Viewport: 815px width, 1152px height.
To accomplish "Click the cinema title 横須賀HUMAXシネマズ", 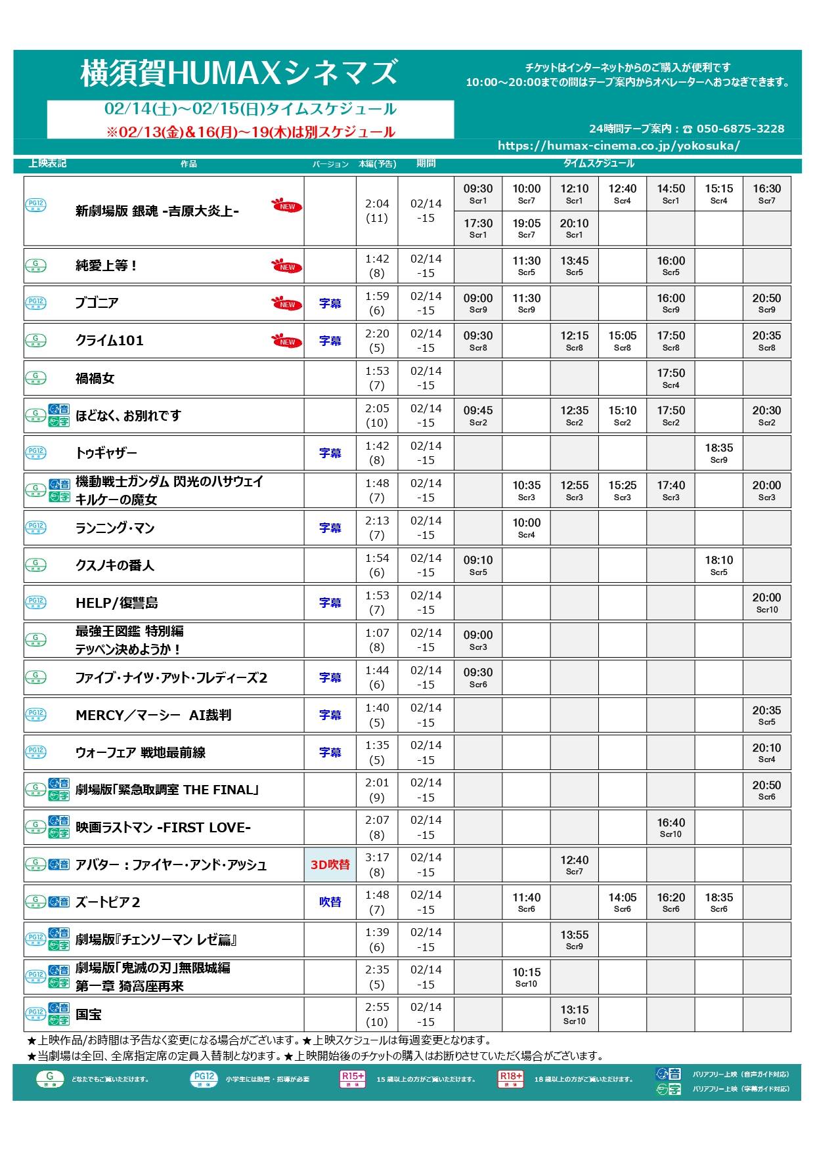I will pos(239,73).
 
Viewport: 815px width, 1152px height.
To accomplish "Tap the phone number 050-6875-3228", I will pos(740,129).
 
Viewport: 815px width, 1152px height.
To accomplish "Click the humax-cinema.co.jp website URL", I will pos(618,146).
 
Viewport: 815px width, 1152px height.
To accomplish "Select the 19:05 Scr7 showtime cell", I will pos(526,228).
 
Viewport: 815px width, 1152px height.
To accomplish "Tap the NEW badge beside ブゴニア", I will pos(287,304).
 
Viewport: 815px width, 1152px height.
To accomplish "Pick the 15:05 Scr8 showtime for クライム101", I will pos(622,341).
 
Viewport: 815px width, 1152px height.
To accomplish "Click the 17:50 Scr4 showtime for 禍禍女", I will pos(671,378).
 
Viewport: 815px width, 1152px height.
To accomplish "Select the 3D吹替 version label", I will pos(330,864).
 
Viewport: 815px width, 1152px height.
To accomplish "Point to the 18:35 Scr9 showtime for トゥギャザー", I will pos(718,453).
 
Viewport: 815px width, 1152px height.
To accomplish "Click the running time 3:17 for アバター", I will pos(377,857).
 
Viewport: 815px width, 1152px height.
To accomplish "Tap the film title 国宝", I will pos(89,1014).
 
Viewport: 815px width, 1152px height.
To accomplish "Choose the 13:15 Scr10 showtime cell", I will pos(574,1014).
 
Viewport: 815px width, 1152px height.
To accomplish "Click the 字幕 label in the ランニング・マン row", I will pos(330,528).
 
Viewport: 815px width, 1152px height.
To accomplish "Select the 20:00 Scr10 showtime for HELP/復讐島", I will pos(766,603).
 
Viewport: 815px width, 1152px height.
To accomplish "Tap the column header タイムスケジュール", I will pos(598,163).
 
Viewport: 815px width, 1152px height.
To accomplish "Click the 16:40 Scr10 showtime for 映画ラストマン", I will pos(671,827).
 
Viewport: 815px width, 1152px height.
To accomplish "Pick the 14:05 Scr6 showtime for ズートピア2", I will pos(622,902).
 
